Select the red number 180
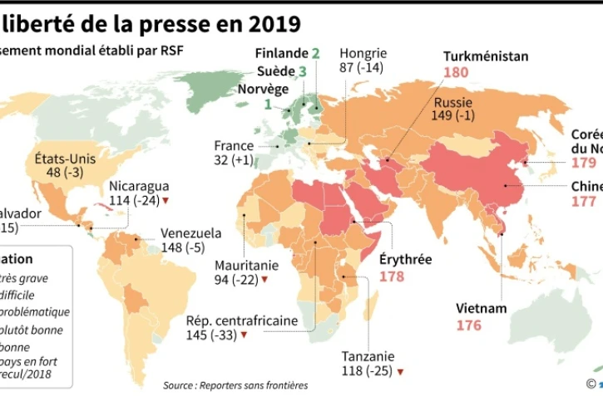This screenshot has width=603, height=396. (x=456, y=72)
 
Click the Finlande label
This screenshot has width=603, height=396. (x=280, y=54)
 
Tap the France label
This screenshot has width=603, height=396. (x=234, y=145)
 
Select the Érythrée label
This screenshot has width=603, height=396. (x=405, y=259)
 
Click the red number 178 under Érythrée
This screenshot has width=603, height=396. (x=392, y=276)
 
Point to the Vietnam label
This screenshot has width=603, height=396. (x=481, y=308)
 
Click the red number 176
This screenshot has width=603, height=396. (x=468, y=325)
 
